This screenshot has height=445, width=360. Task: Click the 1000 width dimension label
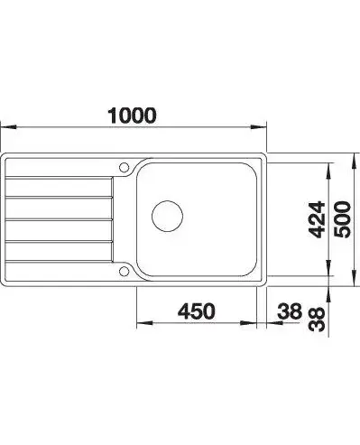click(132, 116)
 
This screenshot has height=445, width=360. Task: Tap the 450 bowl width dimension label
click(197, 311)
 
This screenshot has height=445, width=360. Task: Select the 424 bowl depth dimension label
click(318, 219)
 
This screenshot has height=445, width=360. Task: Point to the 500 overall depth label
click(343, 219)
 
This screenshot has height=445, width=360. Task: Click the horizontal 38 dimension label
click(290, 311)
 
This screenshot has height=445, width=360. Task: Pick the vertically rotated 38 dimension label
click(318, 320)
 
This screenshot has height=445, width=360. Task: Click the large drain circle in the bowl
click(167, 216)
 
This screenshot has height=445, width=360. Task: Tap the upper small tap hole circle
click(124, 167)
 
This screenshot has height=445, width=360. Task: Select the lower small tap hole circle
click(124, 271)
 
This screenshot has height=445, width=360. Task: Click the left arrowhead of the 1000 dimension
click(8, 127)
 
